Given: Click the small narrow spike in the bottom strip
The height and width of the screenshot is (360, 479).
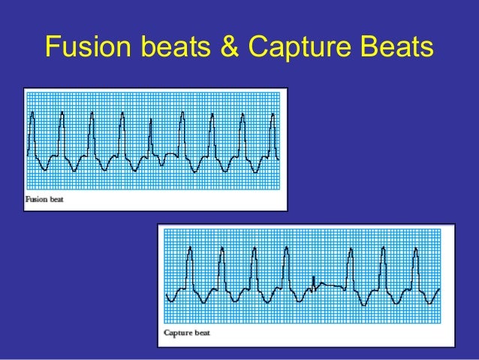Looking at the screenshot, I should click(312, 280).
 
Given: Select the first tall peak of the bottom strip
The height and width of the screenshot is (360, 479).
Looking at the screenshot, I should click(190, 252).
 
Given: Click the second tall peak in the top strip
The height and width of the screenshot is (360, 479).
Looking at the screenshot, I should click(62, 114).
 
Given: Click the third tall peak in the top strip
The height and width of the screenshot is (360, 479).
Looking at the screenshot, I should click(91, 114).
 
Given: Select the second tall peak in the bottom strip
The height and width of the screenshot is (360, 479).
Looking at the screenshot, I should click(221, 253).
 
